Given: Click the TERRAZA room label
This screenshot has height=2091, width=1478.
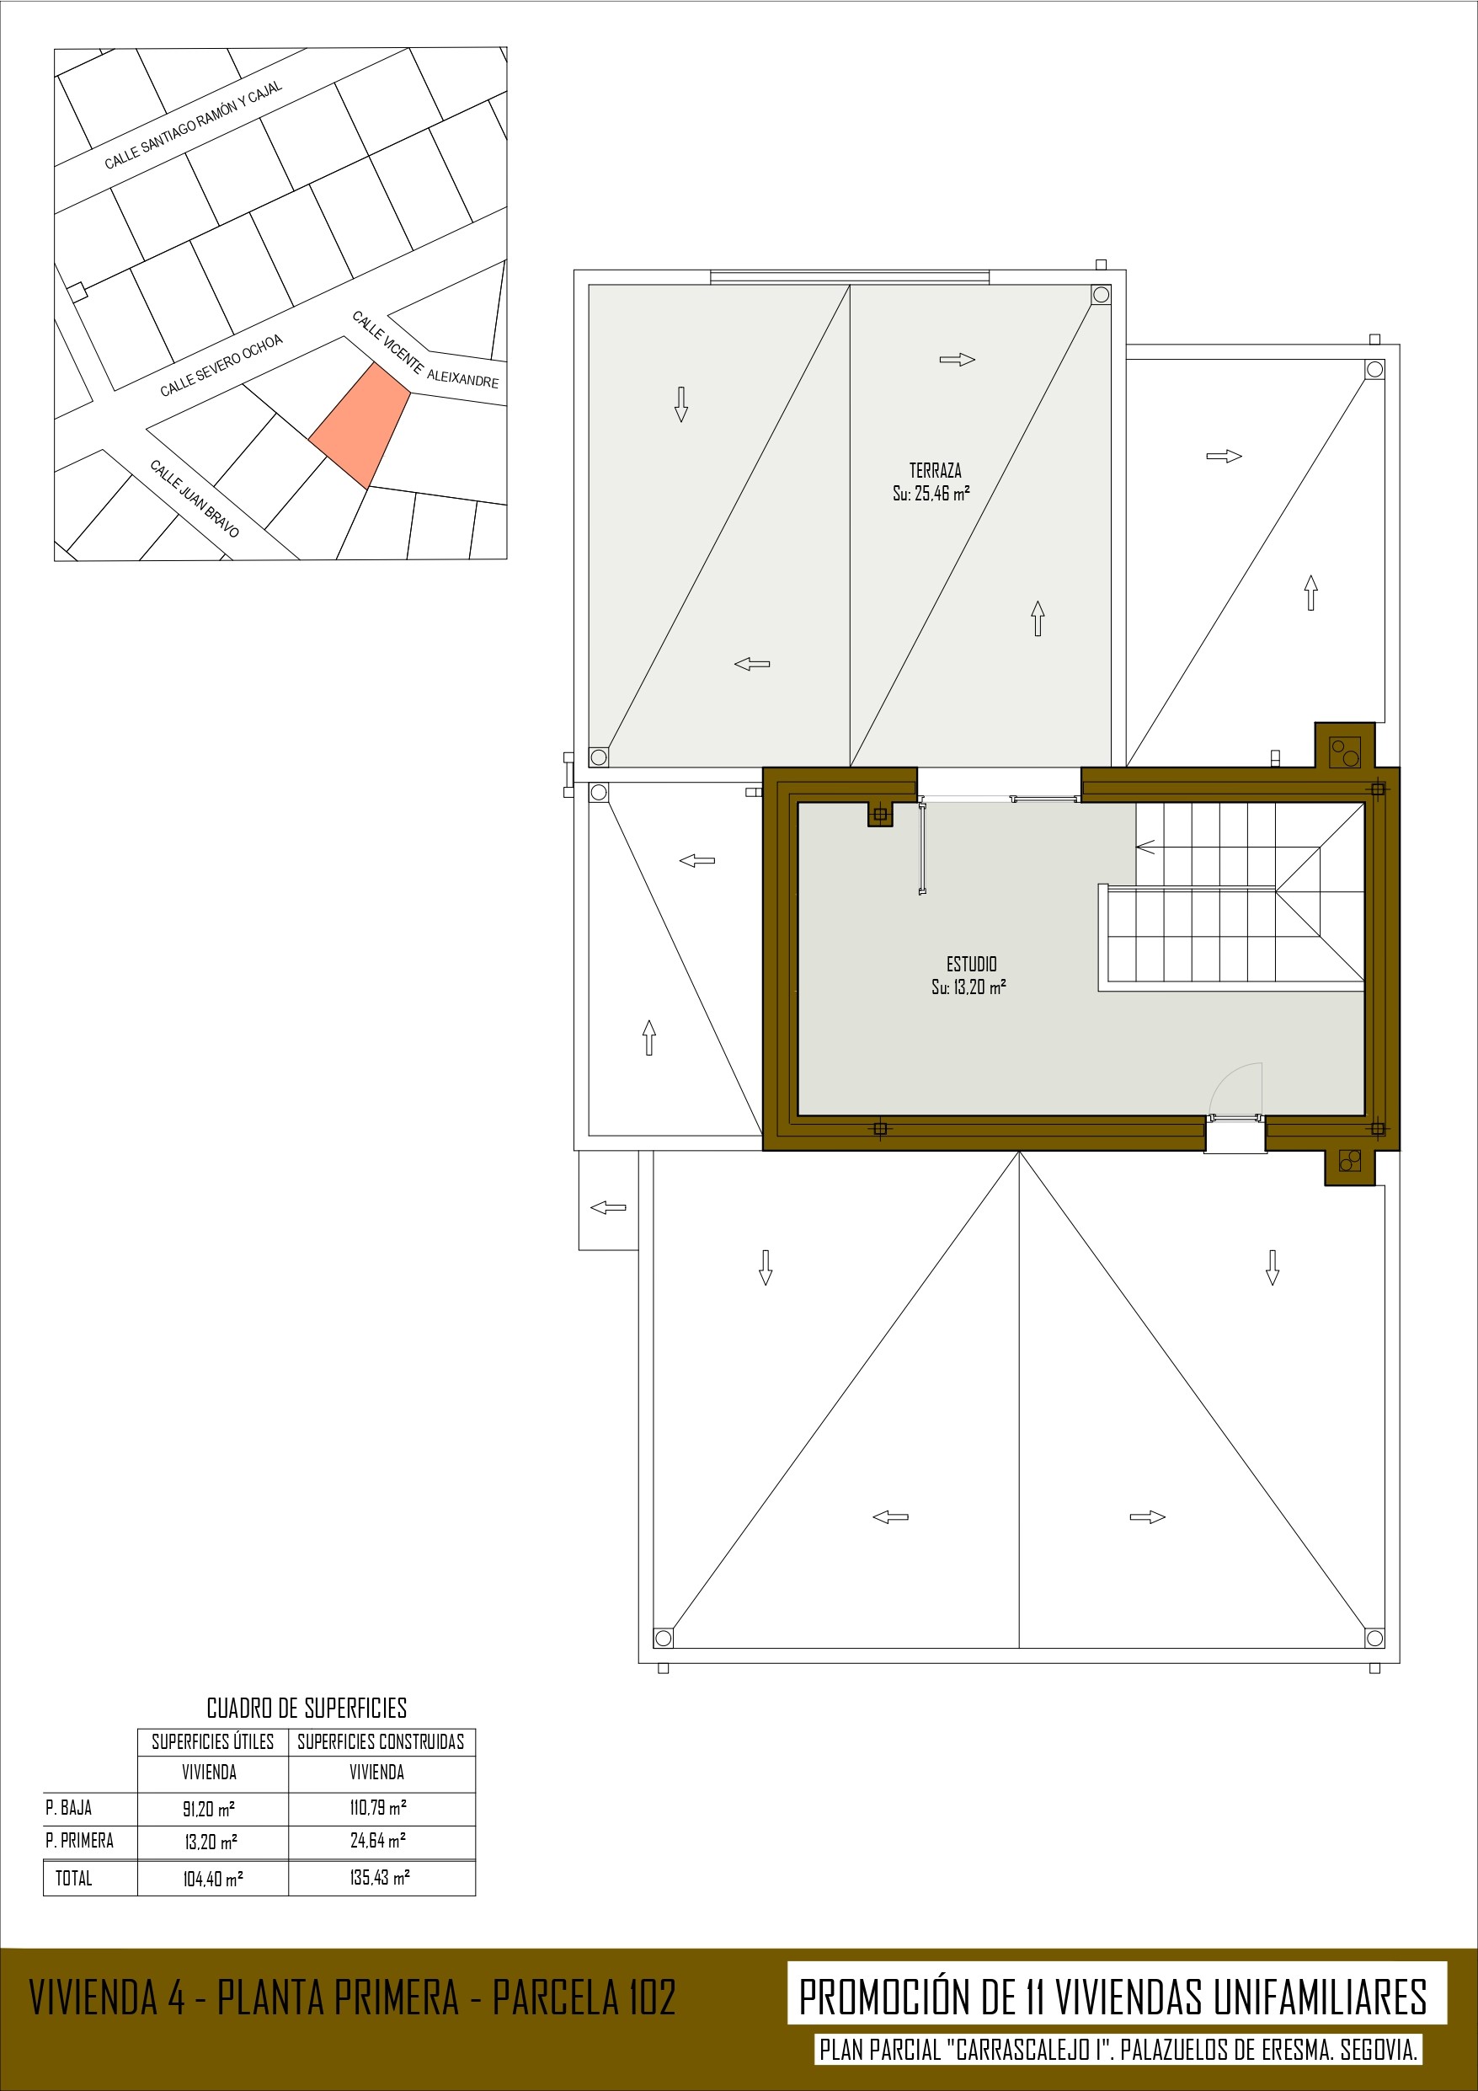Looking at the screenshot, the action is coord(936,471).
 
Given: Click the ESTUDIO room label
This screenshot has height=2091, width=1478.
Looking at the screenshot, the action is coord(972,964).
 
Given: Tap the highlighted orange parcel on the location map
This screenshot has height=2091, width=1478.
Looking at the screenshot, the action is coord(360,426).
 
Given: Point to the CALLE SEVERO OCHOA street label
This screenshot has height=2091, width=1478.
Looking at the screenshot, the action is coord(221,365).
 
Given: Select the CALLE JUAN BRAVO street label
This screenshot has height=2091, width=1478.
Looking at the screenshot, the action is coord(195,498).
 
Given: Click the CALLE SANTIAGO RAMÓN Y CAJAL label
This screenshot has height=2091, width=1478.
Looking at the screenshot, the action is coord(193,126).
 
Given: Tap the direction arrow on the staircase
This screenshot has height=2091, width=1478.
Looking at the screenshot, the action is coord(1145,847).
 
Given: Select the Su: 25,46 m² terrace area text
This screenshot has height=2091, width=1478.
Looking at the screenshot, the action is coord(931,494).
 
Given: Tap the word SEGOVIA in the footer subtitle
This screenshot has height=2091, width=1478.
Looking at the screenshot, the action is coord(1379,2050).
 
